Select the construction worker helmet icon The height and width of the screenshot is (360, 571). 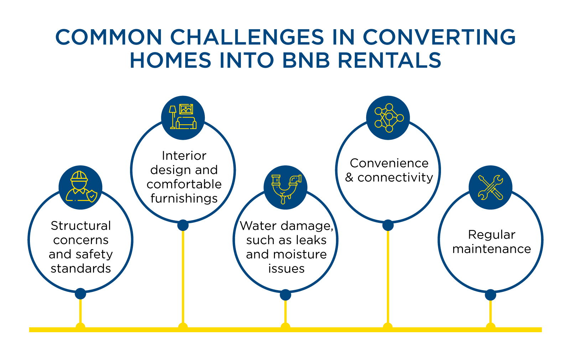(81, 187)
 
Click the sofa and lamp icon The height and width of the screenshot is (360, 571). (183, 117)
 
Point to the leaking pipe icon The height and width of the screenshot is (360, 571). (285, 187)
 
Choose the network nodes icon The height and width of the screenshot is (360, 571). (388, 118)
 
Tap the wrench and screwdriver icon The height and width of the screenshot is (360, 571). (490, 187)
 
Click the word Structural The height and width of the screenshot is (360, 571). (81, 226)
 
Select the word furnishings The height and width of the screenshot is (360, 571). (184, 199)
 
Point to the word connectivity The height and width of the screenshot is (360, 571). (395, 178)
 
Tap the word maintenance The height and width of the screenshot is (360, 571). (492, 249)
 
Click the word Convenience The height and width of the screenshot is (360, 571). (389, 163)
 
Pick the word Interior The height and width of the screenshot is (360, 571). (184, 156)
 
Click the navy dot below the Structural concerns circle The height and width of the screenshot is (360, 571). (81, 294)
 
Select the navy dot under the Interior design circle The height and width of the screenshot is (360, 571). (183, 225)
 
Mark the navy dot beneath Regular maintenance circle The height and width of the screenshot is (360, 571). (490, 295)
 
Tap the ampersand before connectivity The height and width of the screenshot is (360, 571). (349, 178)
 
